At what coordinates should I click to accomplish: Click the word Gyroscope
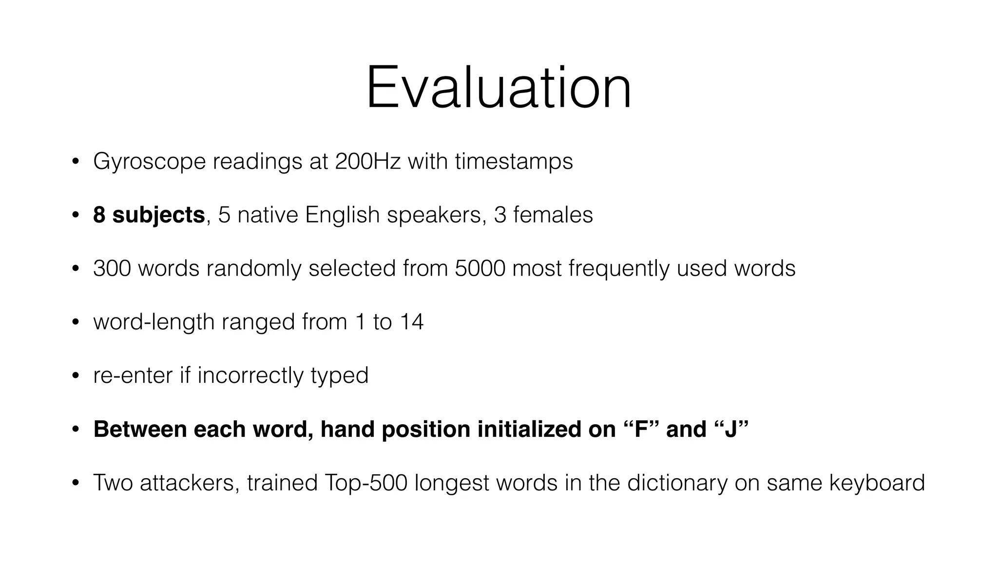click(x=150, y=162)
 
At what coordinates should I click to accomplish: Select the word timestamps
click(x=514, y=162)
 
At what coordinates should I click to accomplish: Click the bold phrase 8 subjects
click(x=149, y=215)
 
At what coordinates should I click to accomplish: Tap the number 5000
click(x=480, y=268)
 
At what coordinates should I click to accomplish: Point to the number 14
click(x=411, y=322)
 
